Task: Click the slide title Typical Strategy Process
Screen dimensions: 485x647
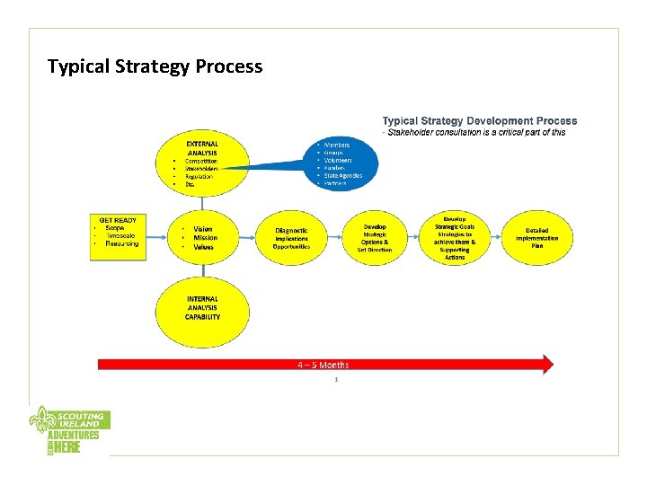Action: [155, 66]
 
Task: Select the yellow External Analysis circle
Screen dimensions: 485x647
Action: [202, 163]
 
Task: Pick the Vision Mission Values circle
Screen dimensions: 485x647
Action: [202, 236]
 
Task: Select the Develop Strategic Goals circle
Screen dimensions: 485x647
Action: [455, 237]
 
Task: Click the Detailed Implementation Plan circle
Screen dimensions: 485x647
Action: [536, 237]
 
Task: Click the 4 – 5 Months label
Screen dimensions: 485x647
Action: [323, 365]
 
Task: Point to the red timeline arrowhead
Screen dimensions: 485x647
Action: [546, 364]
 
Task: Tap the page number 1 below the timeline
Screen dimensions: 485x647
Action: [335, 380]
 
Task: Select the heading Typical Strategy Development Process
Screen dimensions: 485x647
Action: [480, 120]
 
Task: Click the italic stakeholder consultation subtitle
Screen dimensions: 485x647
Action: [474, 132]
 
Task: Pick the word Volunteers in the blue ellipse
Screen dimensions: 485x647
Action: [340, 160]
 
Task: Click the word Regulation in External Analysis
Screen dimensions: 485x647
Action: [199, 176]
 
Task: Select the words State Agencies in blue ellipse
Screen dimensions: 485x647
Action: [343, 176]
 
